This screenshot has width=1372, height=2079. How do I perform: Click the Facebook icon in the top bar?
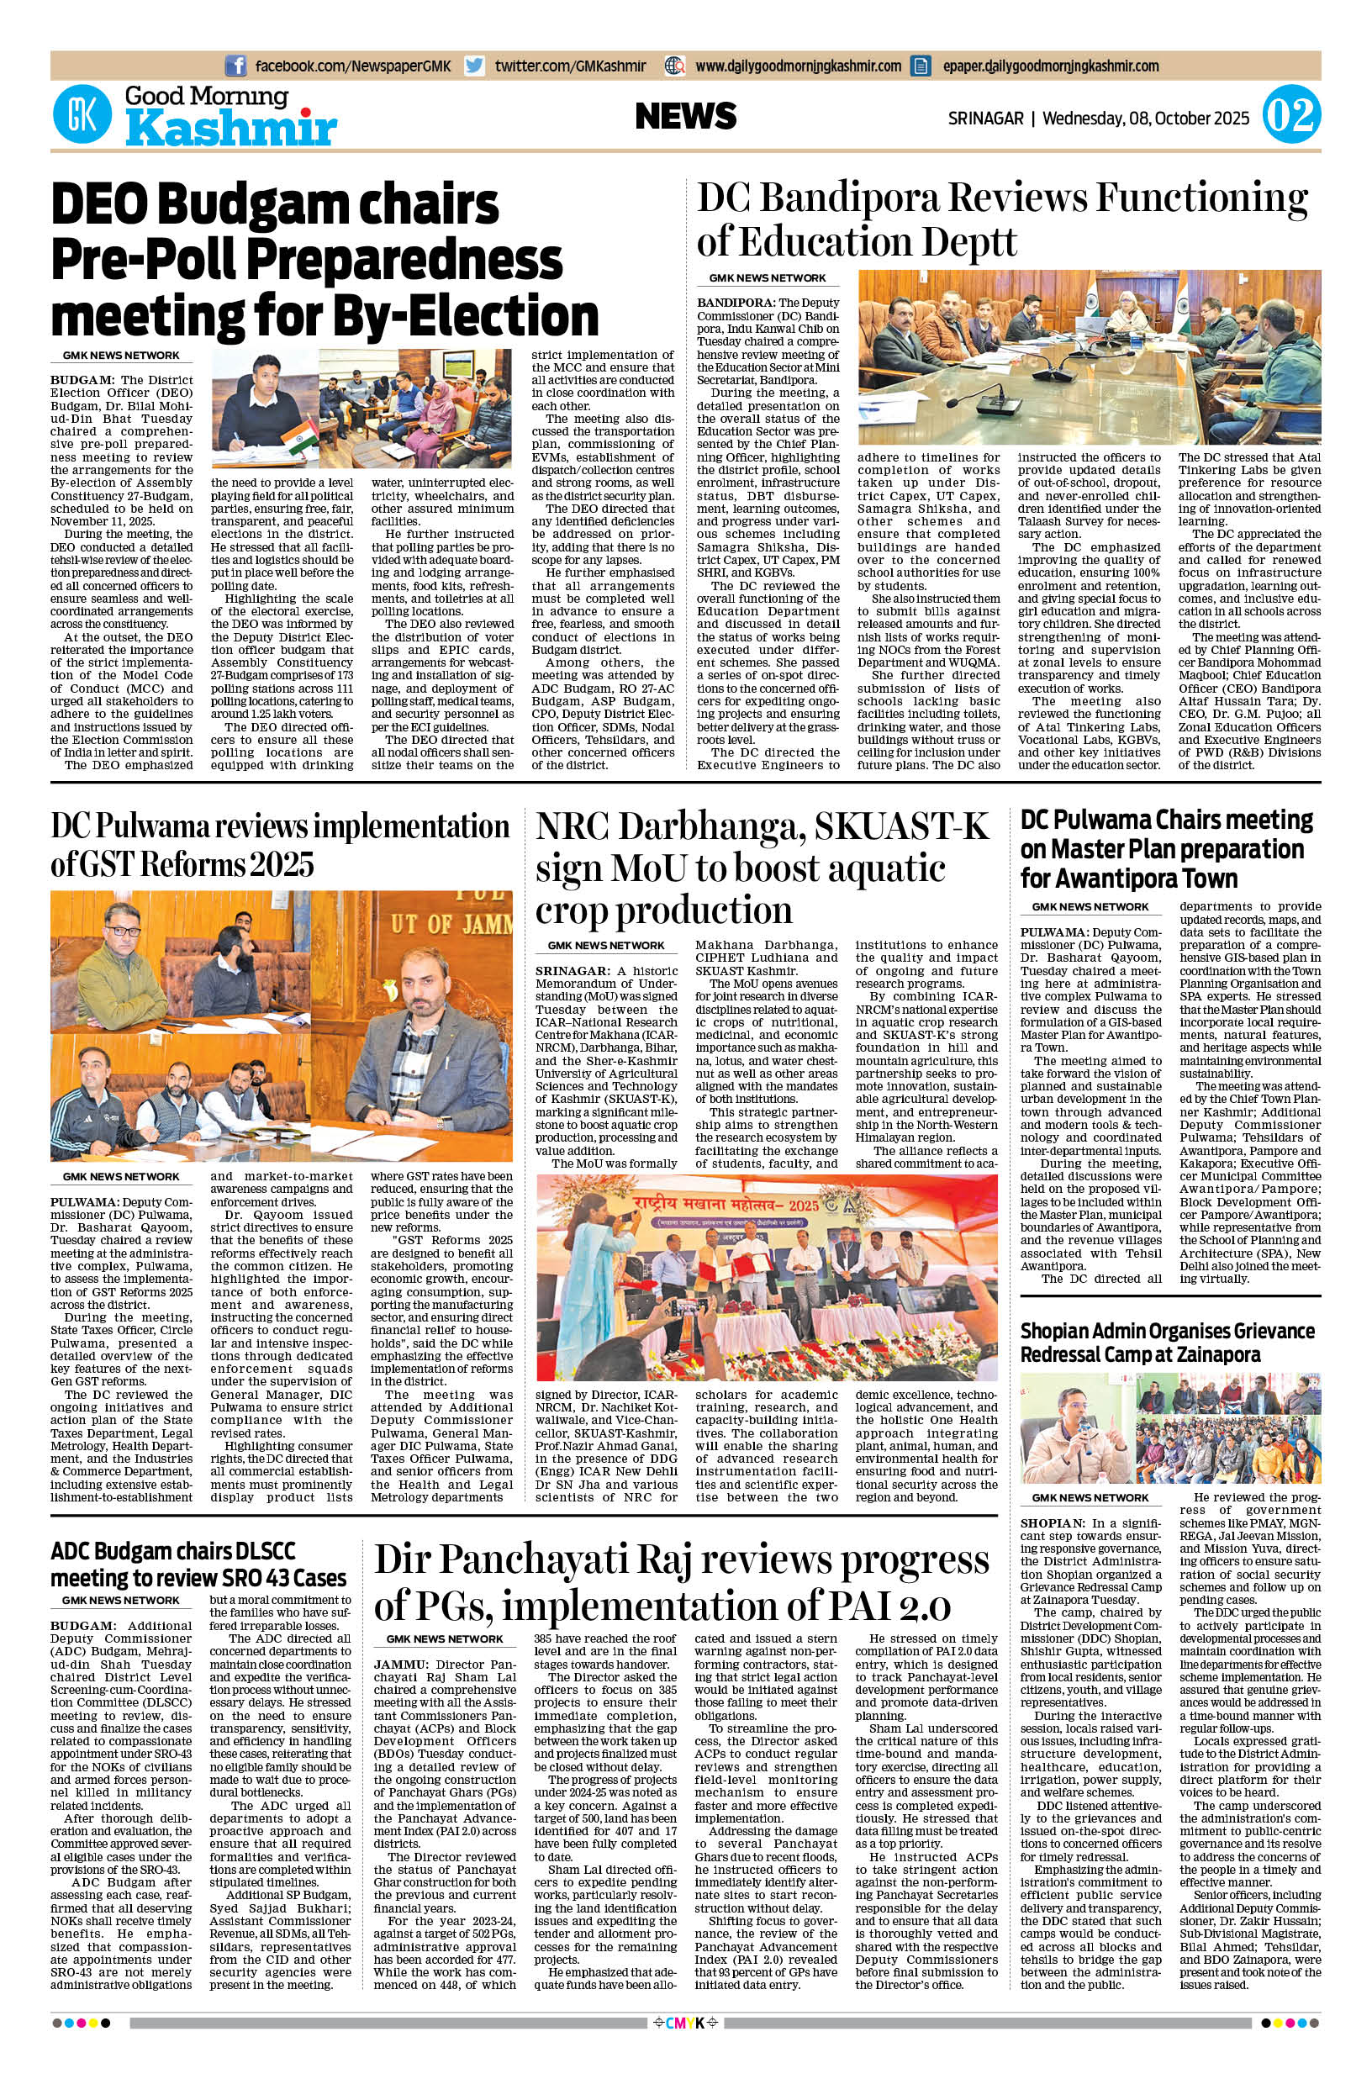(x=235, y=66)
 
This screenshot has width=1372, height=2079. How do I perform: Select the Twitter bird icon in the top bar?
(x=475, y=66)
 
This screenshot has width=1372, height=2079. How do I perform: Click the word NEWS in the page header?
(x=686, y=116)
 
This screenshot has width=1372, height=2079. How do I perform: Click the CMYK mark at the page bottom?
(x=685, y=2046)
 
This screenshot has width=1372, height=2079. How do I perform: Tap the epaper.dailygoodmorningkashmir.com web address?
(x=1051, y=66)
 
